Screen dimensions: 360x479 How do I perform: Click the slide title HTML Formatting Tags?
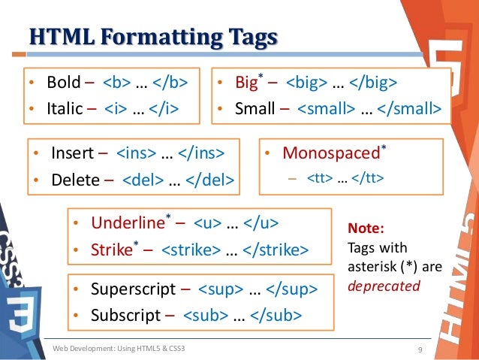[x=152, y=38]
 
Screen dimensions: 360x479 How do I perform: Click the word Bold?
[x=62, y=82]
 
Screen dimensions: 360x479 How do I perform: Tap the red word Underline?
[x=128, y=223]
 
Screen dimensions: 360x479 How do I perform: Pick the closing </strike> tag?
[x=276, y=250]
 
